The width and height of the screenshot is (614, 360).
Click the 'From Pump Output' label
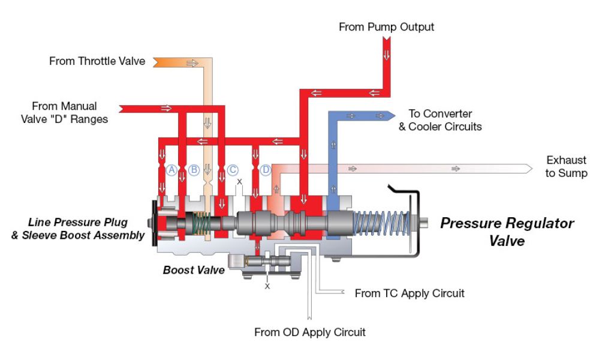386,27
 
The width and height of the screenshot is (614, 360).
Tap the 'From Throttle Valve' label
97,61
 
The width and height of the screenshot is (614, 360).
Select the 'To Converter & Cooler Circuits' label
440,120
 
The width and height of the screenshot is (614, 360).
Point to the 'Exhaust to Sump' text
566,167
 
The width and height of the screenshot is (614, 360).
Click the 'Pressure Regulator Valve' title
507,232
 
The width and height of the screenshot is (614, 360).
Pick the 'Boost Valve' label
194,270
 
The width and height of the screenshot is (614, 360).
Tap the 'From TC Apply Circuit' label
410,293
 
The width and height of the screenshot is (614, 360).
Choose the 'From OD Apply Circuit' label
310,332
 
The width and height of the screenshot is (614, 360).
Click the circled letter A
171,170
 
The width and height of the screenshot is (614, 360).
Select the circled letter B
194,170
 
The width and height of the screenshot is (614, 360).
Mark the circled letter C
233,170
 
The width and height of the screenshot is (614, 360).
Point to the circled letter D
266,170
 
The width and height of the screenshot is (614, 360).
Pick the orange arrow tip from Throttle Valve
157,62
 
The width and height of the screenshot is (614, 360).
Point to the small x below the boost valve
267,286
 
